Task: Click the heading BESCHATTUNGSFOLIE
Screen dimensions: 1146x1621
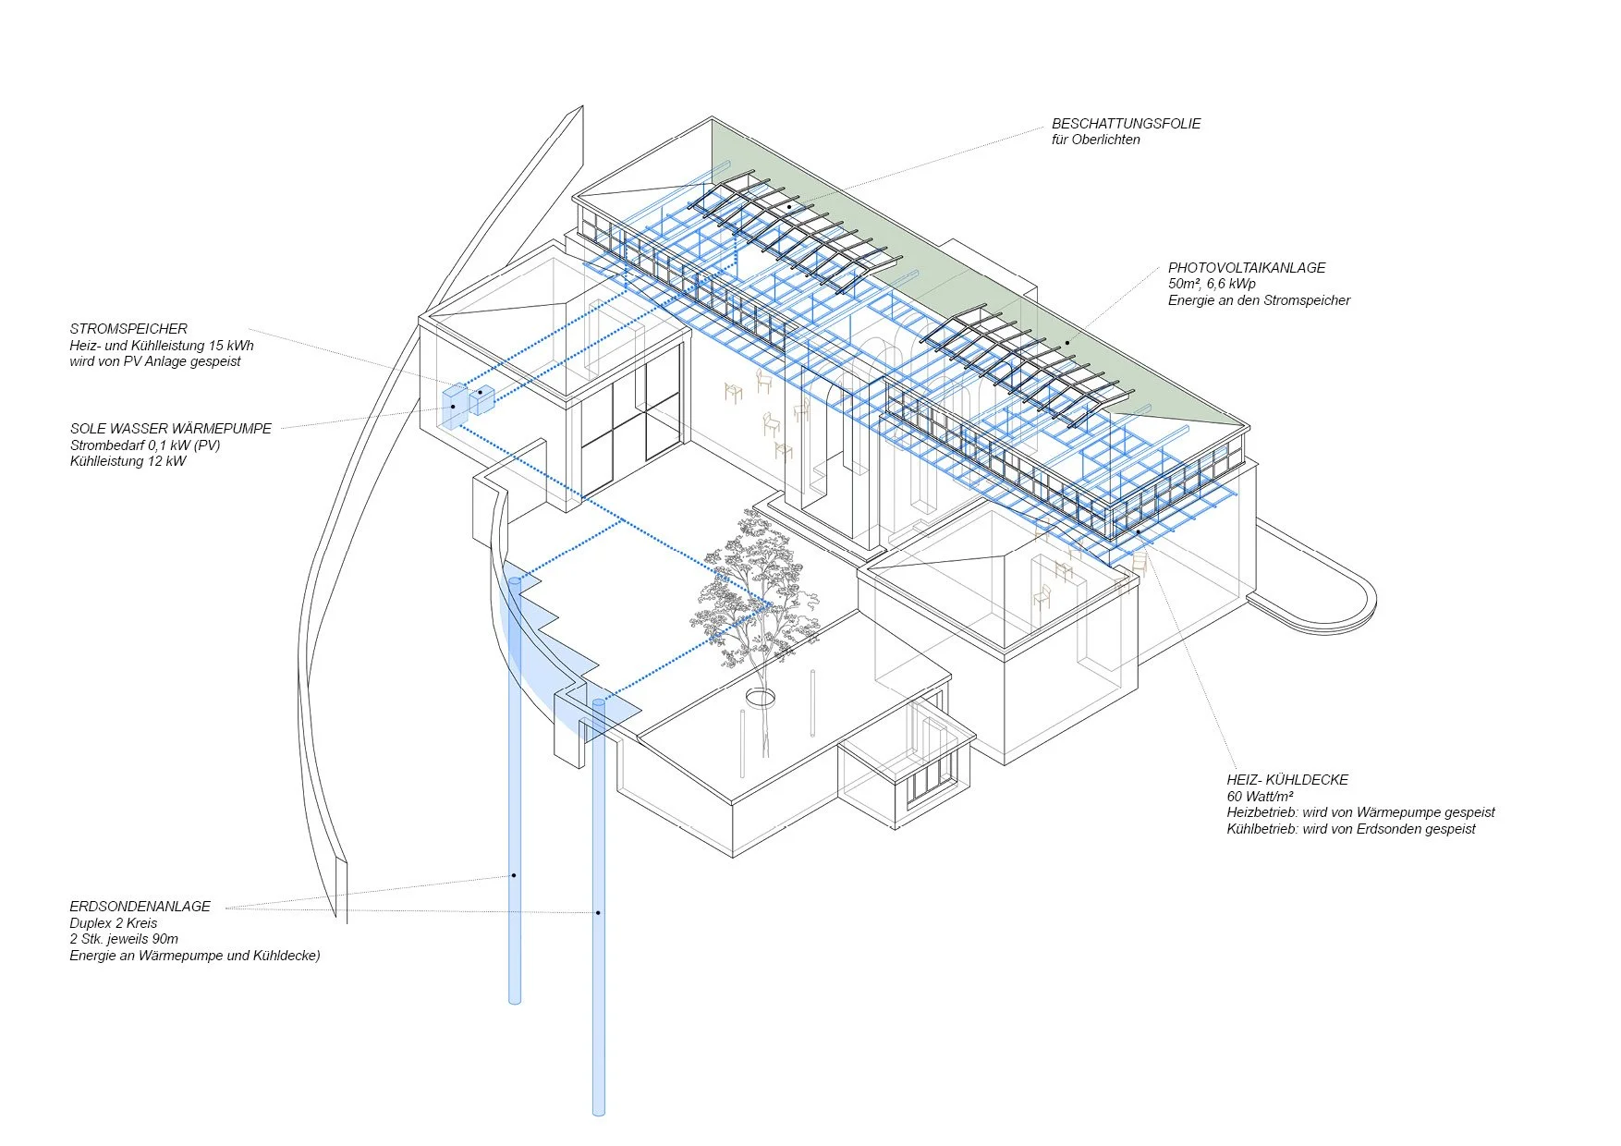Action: (1126, 124)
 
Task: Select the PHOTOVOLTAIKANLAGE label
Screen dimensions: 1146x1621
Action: (1246, 268)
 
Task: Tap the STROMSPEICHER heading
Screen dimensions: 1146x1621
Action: (128, 329)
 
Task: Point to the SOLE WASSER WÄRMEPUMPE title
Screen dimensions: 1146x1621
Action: (171, 429)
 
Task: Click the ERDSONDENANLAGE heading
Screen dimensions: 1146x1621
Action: (140, 907)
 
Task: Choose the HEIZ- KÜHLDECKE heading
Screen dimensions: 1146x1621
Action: (1287, 780)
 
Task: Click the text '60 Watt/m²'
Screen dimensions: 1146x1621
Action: (1260, 797)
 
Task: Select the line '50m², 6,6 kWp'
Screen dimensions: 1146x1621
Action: (1212, 284)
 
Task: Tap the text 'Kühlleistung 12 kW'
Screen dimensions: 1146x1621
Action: (128, 461)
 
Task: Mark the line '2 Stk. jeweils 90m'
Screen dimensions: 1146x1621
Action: (124, 939)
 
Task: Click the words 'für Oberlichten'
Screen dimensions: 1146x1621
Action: (1095, 140)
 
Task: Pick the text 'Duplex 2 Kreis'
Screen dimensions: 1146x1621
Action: (114, 923)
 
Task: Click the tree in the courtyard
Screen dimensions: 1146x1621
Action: (753, 591)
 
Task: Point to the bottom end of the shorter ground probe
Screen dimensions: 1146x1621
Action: (515, 998)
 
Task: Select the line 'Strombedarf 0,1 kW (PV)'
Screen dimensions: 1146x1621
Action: (145, 445)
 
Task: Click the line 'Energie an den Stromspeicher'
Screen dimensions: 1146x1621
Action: (1259, 300)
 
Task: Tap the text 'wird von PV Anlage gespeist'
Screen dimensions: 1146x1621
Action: (155, 361)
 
